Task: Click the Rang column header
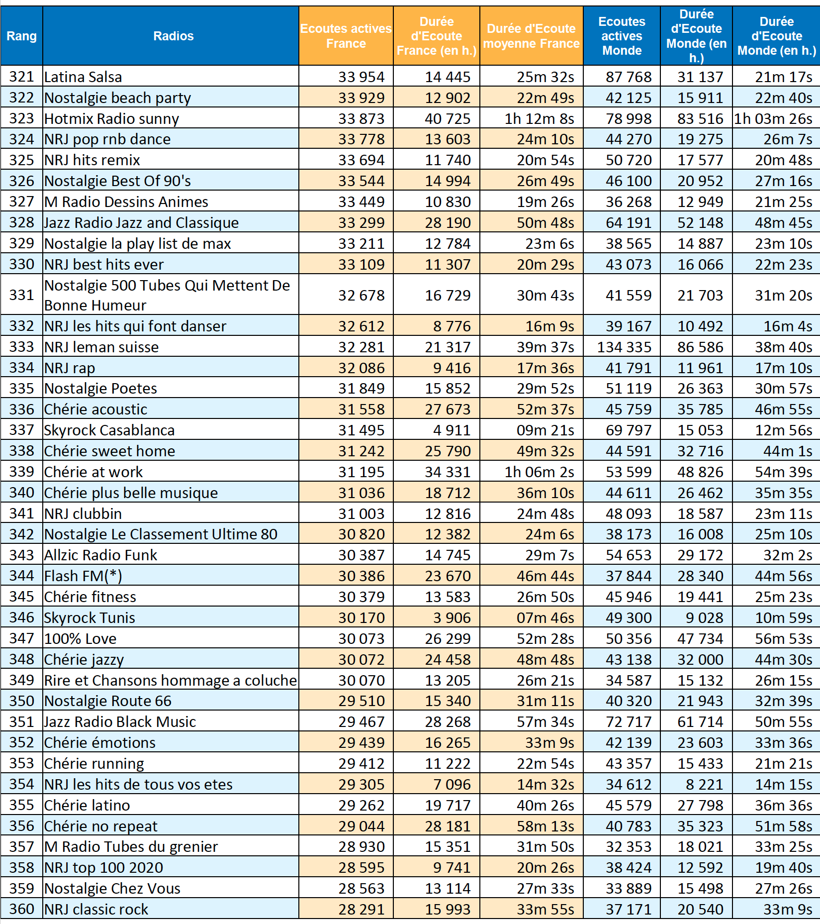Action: [x=21, y=36]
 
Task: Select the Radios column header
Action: [x=173, y=36]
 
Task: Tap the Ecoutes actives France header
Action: [x=346, y=36]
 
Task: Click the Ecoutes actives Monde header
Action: [x=622, y=36]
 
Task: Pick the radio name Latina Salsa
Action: [x=83, y=77]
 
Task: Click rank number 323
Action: [x=21, y=118]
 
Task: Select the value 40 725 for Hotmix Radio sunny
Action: [x=448, y=119]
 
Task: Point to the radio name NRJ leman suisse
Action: [x=101, y=347]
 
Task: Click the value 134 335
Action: [x=624, y=347]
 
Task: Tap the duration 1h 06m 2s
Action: [x=539, y=472]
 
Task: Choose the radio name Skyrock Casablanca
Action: [x=109, y=430]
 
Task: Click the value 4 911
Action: [x=452, y=430]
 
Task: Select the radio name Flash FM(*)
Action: [x=83, y=576]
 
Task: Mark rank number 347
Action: [x=21, y=638]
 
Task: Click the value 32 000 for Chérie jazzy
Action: [x=700, y=659]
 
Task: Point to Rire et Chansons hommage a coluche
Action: [x=171, y=680]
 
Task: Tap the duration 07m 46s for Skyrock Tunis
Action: [x=545, y=617]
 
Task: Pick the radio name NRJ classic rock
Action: [x=96, y=909]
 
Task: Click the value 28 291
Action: [x=362, y=909]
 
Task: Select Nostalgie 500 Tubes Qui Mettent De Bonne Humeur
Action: [x=167, y=295]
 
